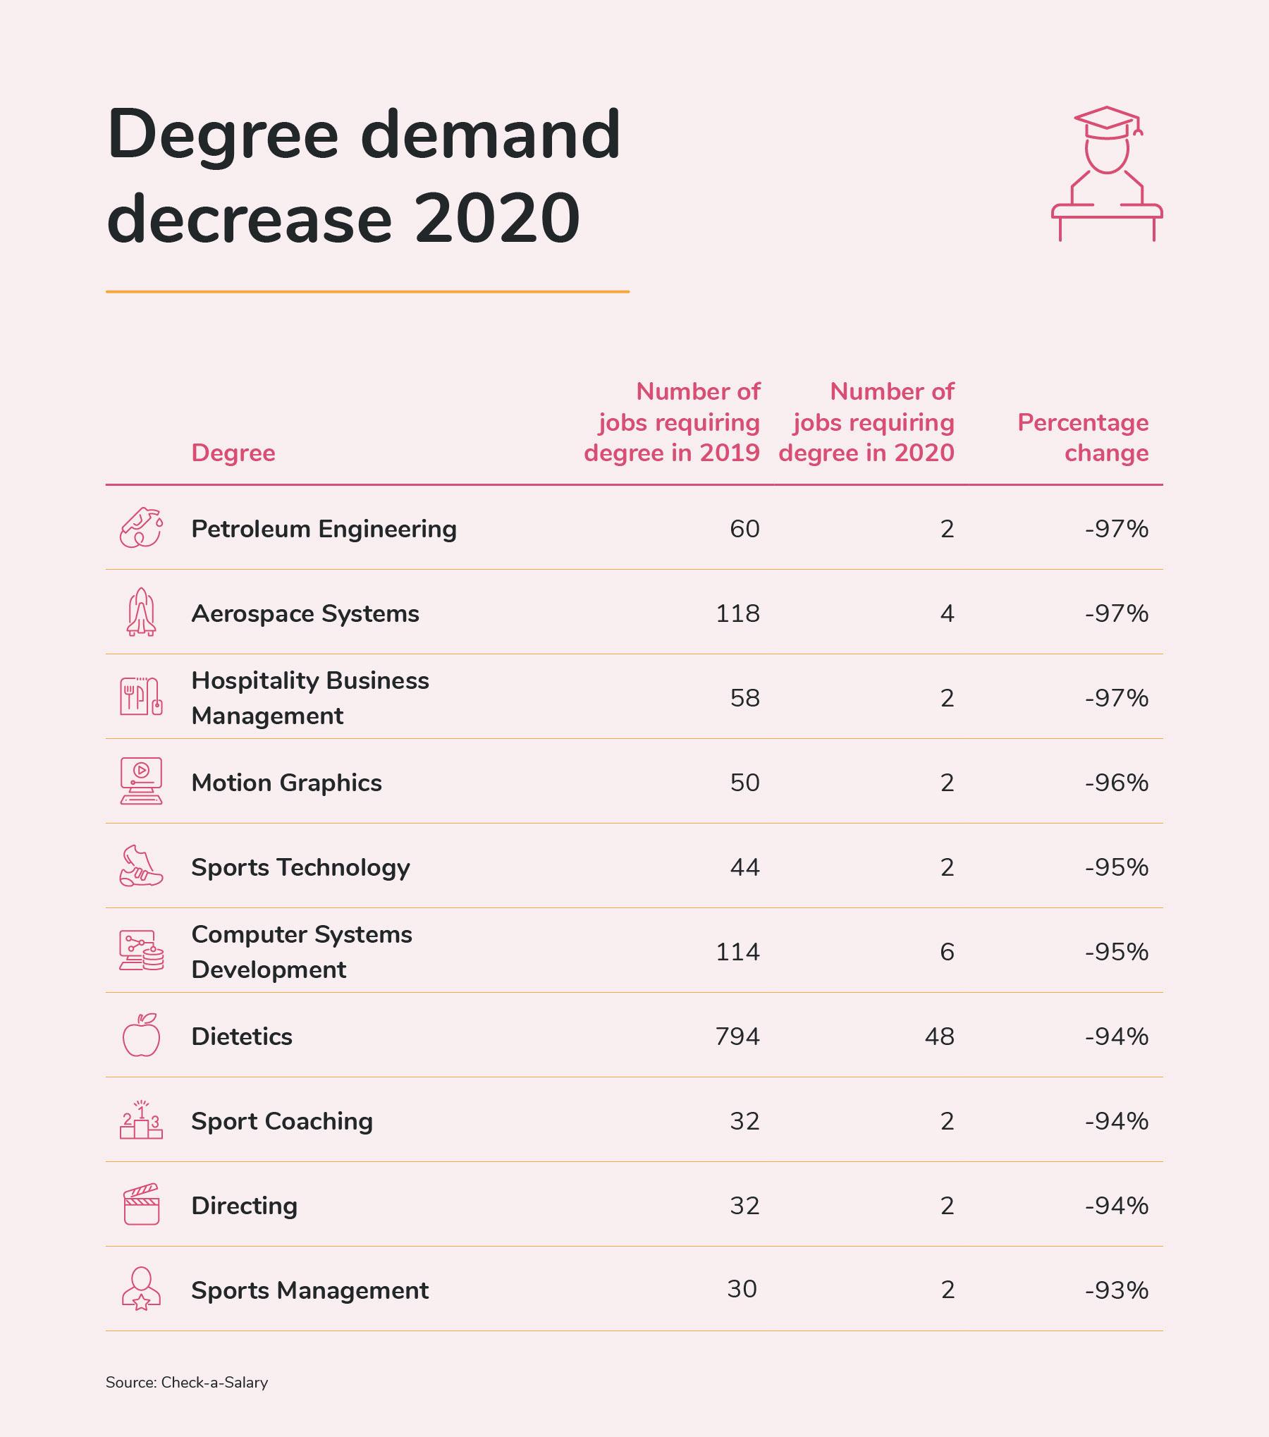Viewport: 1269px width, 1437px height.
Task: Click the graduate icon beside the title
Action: (x=1106, y=174)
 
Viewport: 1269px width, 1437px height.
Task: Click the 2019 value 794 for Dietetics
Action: (x=737, y=1037)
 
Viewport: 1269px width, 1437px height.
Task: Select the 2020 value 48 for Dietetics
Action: (x=939, y=1037)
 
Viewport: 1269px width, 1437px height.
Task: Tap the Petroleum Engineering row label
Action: (x=324, y=529)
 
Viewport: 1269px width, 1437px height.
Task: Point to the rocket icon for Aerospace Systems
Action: (x=141, y=612)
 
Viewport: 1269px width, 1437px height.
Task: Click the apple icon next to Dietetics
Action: (x=141, y=1035)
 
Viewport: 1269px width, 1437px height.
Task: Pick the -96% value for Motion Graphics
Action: (x=1117, y=783)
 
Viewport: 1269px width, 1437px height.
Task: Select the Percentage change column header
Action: (x=1083, y=437)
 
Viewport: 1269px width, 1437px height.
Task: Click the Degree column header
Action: (x=233, y=453)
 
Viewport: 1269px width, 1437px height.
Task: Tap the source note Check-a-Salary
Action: (x=187, y=1383)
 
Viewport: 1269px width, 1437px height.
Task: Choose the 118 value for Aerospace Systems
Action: (x=737, y=613)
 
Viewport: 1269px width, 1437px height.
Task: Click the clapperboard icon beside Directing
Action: (x=141, y=1204)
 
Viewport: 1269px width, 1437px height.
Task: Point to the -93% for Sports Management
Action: (x=1117, y=1290)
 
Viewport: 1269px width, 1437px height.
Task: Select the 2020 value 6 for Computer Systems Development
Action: (x=947, y=952)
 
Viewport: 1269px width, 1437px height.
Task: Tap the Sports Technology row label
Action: (x=300, y=867)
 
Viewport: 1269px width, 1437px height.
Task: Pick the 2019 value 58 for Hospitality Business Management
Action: (x=744, y=698)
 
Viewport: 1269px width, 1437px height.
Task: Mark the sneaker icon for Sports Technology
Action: (x=141, y=866)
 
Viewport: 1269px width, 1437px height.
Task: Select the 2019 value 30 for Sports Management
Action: (x=742, y=1289)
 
